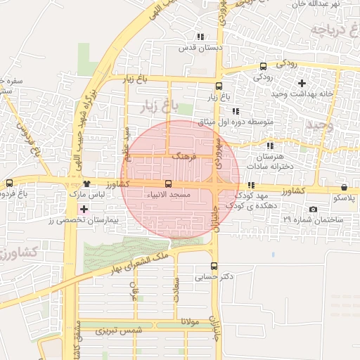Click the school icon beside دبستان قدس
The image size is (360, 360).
(x=200, y=37)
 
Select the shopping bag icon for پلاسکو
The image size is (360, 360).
(x=344, y=187)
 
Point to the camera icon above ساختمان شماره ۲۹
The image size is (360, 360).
(x=313, y=210)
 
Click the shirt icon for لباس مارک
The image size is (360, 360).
(x=87, y=183)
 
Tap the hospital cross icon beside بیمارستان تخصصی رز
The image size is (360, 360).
(x=84, y=210)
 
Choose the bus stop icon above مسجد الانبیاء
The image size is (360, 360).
(x=167, y=183)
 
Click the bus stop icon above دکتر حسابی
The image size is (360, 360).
(x=214, y=266)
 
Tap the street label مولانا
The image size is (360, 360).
(x=191, y=321)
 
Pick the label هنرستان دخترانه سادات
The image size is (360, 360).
(x=269, y=161)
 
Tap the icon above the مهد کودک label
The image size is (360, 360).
(x=251, y=185)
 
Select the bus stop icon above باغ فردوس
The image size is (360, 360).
(x=9, y=183)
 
